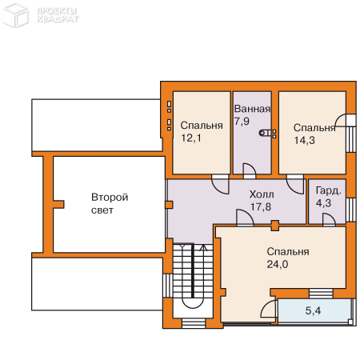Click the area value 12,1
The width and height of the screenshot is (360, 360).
[191, 138]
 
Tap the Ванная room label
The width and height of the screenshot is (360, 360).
[252, 109]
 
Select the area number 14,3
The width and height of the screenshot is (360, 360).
[305, 140]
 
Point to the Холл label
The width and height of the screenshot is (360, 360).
[262, 194]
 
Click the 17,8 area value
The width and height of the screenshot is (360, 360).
[261, 206]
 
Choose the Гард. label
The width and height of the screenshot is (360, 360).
[329, 191]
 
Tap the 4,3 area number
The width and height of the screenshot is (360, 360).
[323, 203]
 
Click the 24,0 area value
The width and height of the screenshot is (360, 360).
[278, 264]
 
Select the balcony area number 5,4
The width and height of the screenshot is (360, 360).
[313, 310]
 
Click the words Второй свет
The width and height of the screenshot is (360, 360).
[110, 204]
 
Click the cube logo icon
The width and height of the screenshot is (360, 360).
[15, 15]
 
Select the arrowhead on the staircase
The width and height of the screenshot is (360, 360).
[204, 248]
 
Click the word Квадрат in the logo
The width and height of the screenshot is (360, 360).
[58, 19]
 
